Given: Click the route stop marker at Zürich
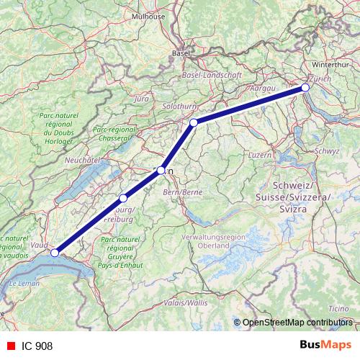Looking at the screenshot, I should click(305, 87).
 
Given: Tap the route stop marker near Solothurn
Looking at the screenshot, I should click(194, 123).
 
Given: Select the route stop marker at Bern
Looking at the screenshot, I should click(161, 171).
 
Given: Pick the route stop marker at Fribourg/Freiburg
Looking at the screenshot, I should click(123, 198).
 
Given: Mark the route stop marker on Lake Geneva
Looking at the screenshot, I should click(55, 253).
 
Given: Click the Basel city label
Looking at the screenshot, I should click(181, 53).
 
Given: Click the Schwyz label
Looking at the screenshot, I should click(327, 151).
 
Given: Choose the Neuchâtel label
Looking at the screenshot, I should click(81, 160).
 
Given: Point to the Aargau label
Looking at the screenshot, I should click(263, 86).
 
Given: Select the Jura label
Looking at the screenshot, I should click(142, 97).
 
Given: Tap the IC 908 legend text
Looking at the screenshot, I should click(37, 346).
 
